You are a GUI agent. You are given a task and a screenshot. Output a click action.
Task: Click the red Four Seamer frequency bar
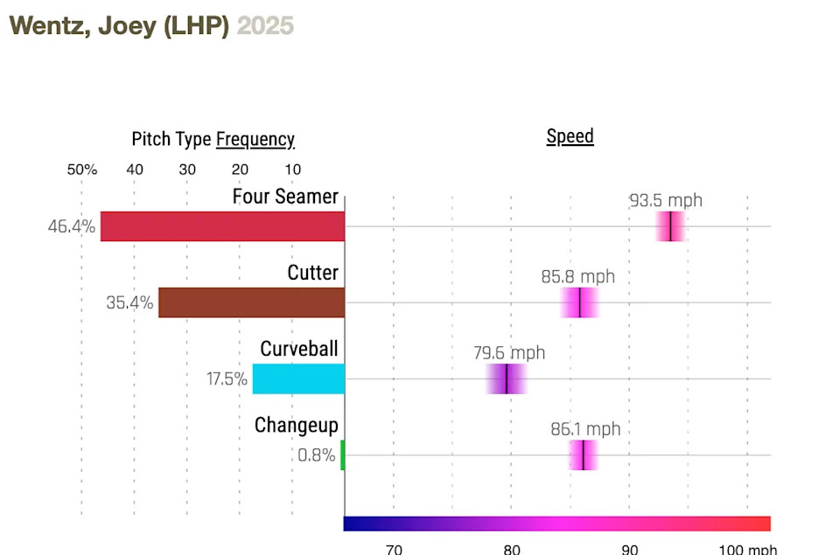point(222,226)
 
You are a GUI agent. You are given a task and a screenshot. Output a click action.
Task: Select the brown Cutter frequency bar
point(252,302)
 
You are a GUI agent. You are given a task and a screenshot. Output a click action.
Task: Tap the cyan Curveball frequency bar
point(298,378)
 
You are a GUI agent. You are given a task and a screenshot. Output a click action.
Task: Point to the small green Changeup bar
point(343,454)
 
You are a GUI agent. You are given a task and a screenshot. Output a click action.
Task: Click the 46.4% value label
point(72,227)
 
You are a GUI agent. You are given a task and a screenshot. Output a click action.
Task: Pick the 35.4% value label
point(129,303)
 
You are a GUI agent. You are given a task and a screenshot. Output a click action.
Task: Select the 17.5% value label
point(227,379)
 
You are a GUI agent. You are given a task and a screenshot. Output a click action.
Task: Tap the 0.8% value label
point(317,455)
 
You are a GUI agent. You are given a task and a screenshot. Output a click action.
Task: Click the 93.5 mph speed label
point(666,200)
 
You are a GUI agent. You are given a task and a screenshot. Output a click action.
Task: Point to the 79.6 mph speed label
point(509,353)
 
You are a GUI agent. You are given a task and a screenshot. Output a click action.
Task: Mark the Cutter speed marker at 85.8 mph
point(579,302)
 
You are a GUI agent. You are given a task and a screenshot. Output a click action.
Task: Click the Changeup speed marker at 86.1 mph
point(583,454)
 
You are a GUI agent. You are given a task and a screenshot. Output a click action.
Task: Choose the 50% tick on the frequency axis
point(82,170)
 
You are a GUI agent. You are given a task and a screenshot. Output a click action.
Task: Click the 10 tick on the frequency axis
point(292,170)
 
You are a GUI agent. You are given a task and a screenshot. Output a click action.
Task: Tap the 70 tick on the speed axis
point(394,549)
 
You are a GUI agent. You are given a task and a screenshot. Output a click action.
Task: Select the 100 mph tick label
point(748,549)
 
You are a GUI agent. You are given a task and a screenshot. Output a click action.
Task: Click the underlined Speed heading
point(570,136)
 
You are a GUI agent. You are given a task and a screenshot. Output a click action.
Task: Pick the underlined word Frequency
point(255,139)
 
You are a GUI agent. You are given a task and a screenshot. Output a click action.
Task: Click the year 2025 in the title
point(266,26)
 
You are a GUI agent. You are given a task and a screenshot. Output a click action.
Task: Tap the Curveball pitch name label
point(298,349)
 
